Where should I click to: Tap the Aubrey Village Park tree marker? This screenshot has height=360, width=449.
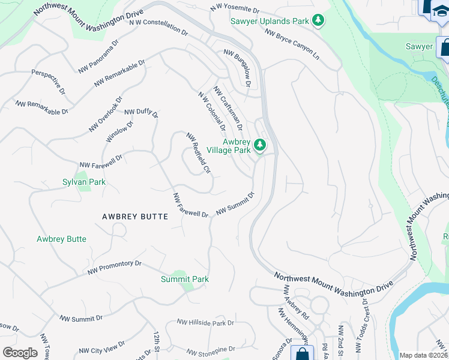tap(260, 145)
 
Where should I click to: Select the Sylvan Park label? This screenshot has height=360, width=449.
tap(84, 181)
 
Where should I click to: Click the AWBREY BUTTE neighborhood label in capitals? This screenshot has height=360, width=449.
tap(135, 217)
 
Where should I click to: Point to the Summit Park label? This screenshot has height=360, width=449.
tap(185, 279)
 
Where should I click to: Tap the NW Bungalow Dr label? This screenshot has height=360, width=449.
tap(237, 68)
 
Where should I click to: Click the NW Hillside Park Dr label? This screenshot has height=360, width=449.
tap(205, 323)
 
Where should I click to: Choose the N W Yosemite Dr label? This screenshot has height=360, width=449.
tap(235, 10)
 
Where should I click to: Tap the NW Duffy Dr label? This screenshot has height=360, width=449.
tap(141, 112)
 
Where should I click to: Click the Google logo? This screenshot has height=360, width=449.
tap(19, 352)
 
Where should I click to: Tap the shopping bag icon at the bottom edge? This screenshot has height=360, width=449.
tap(302, 352)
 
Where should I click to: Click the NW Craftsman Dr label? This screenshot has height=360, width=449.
tap(228, 108)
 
